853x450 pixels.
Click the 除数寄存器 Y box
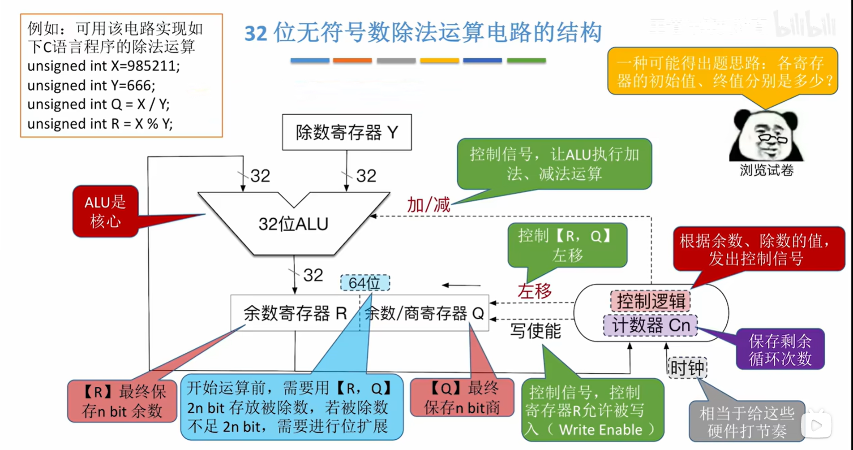[347, 132]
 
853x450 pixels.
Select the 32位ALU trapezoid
[294, 224]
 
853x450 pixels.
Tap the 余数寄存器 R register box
[295, 313]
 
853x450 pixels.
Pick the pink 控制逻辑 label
[651, 301]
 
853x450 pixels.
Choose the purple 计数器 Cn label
[651, 325]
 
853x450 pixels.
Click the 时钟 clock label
[687, 368]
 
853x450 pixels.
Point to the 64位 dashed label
[364, 283]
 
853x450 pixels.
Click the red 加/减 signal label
[428, 205]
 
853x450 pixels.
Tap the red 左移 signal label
[534, 291]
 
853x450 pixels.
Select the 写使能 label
[536, 331]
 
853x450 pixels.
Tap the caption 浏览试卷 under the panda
[766, 170]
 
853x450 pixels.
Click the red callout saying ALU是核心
[106, 212]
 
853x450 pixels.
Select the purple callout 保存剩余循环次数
[780, 350]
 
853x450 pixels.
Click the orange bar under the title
[352, 60]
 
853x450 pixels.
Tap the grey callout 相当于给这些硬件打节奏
[746, 421]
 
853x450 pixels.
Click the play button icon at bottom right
[816, 425]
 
